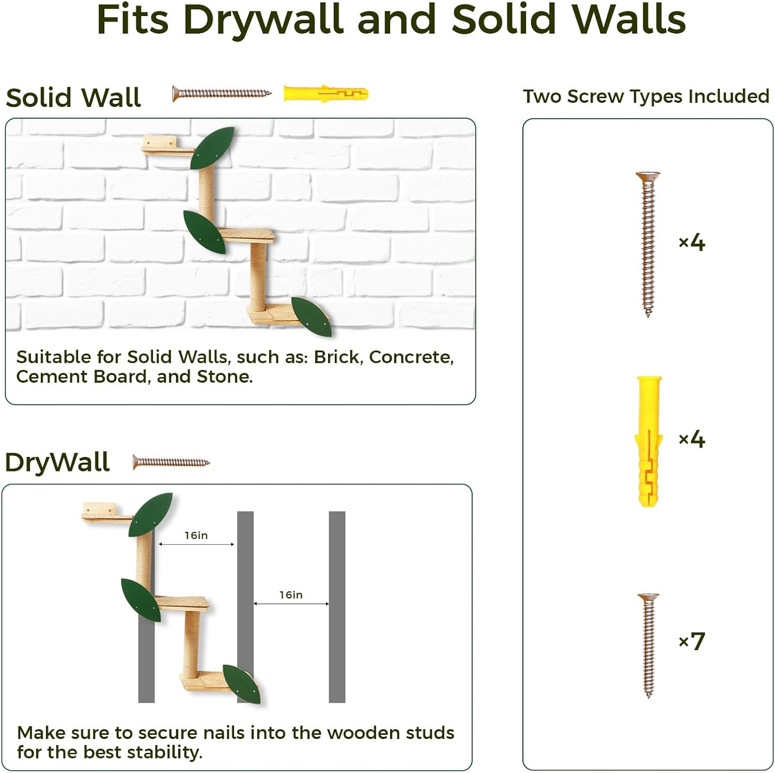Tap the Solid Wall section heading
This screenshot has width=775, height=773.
pos(73,98)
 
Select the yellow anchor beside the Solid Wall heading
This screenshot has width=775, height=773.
pos(326,94)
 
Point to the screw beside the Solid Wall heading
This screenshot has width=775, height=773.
pos(222,93)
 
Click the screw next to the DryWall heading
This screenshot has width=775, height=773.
pos(171,462)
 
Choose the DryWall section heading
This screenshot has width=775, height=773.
pos(57,462)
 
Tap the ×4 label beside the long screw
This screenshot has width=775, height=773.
pos(691,242)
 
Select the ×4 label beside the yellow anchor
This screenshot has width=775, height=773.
pos(691,439)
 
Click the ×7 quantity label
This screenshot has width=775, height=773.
pos(691,641)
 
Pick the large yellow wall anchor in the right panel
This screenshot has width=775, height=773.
pos(648,441)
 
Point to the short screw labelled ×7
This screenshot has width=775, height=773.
pos(648,645)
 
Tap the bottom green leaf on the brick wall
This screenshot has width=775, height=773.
pos(311,317)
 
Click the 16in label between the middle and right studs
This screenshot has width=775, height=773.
pos(291,595)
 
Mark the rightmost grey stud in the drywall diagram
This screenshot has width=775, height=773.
pos(337,607)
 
